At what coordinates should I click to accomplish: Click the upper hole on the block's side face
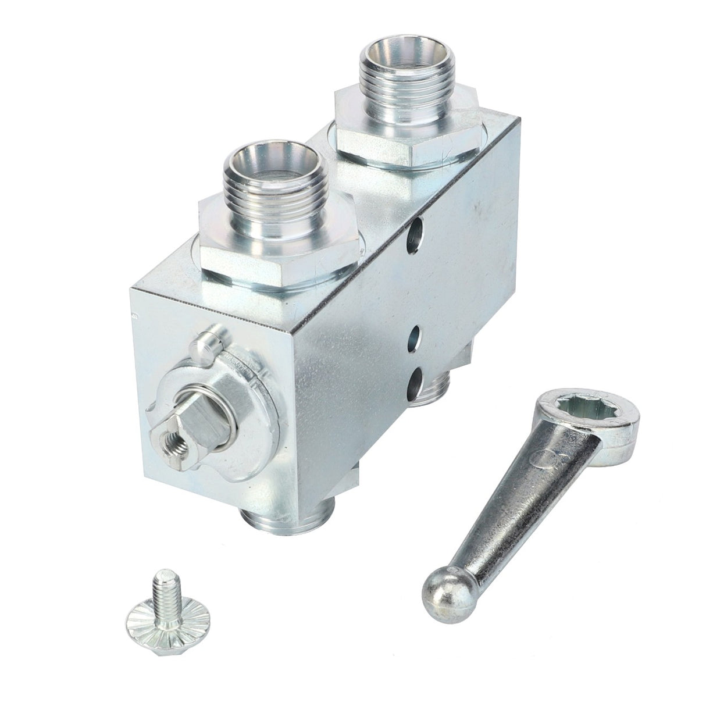click(416, 235)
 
